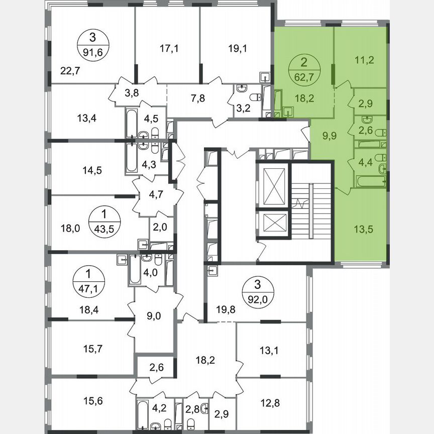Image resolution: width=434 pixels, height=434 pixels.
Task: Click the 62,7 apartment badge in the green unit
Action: coord(303,72)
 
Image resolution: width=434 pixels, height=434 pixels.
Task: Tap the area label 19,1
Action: coord(236,49)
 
